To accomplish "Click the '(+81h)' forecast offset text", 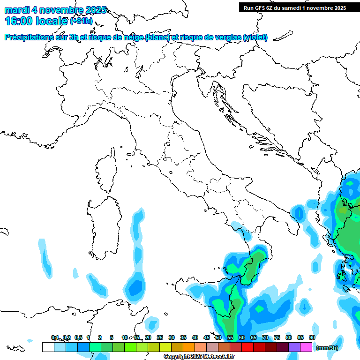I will point(81,21).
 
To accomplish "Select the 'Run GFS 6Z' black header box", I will point(294,7).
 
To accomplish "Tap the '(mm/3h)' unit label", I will point(327,348).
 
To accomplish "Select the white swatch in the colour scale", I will point(48,347).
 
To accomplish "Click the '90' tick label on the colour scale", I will point(312,337).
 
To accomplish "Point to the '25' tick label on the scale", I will point(159,337).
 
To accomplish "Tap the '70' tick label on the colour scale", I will point(265,337).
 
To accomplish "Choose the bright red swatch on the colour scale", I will point(247,347).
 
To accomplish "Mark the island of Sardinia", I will point(102,225).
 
